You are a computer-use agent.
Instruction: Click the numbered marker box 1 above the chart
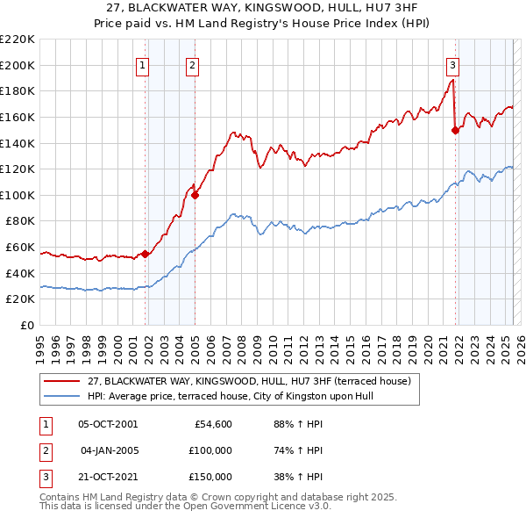[142, 63]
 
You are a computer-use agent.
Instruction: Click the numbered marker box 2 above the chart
[192, 63]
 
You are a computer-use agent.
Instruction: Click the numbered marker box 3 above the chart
[452, 63]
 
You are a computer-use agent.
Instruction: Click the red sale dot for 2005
[195, 195]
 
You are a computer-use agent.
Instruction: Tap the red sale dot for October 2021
[455, 130]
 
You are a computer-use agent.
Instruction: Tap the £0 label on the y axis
[27, 325]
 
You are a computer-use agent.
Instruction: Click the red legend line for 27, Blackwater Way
[63, 380]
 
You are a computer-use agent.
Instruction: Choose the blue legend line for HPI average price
[63, 396]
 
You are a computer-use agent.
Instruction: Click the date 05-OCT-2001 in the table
[108, 424]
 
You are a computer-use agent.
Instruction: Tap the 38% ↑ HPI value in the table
[301, 477]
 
